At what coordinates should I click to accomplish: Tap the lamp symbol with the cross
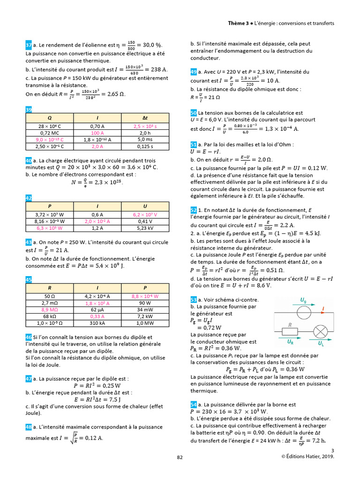[x=320, y=331]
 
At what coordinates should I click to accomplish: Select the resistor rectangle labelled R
[x=291, y=331]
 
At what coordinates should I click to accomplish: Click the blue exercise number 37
[x=29, y=45]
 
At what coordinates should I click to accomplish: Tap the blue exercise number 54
[x=194, y=404]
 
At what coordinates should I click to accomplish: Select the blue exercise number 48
[x=29, y=427]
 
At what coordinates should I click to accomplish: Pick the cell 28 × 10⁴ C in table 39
[x=50, y=127]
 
